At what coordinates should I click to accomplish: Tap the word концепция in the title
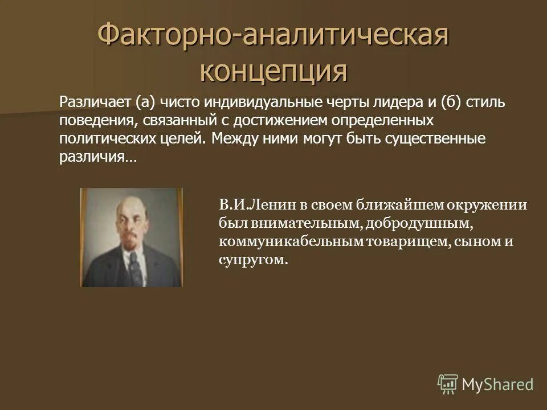(x=273, y=72)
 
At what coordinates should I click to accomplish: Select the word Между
(x=233, y=140)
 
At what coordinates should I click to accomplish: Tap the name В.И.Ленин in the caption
(x=250, y=206)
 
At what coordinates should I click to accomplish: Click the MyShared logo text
(x=497, y=384)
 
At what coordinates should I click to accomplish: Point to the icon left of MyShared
(x=448, y=384)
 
